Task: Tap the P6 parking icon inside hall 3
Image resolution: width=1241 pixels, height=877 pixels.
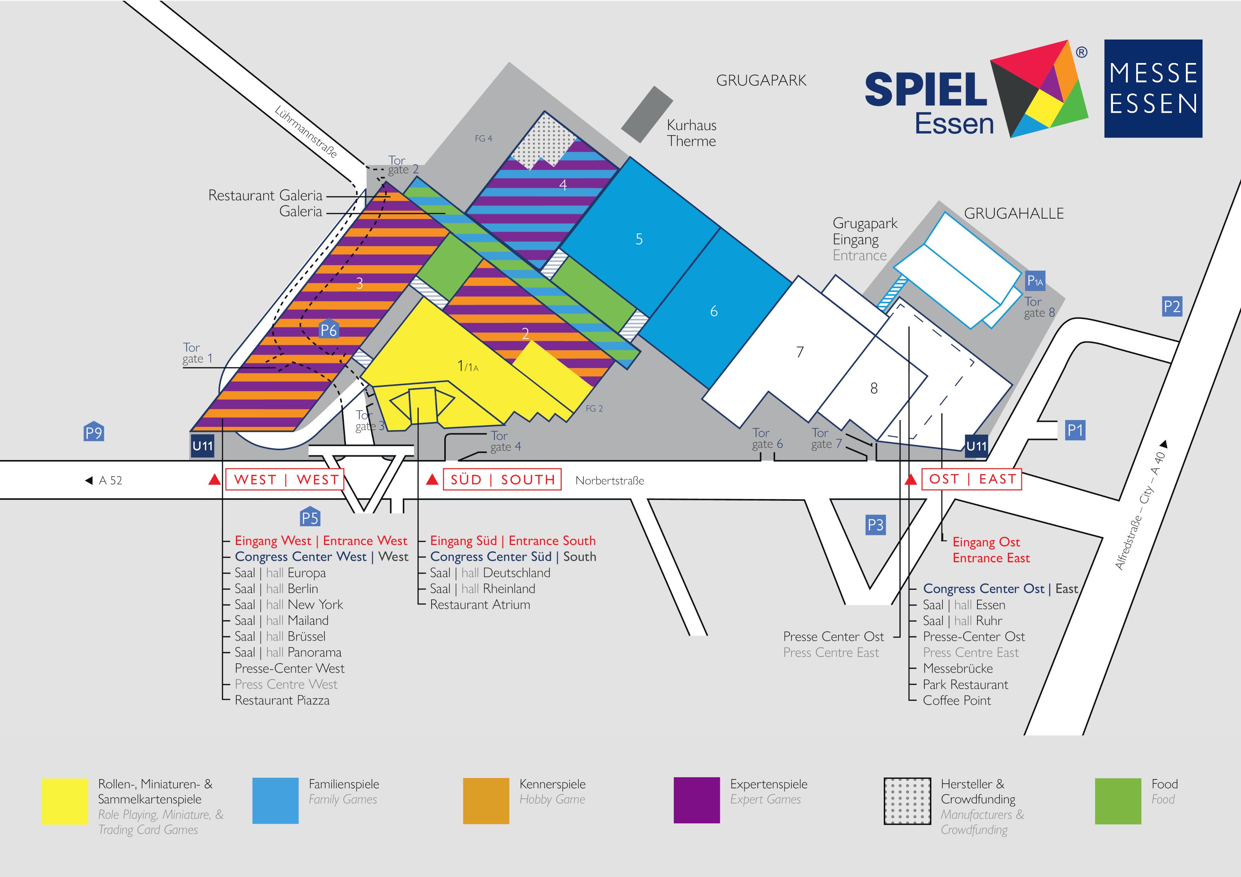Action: (x=329, y=329)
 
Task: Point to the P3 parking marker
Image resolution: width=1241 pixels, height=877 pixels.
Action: (x=875, y=525)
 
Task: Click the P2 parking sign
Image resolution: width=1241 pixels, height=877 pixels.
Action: (x=1172, y=306)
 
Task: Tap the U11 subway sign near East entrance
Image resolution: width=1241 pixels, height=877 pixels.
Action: (x=976, y=446)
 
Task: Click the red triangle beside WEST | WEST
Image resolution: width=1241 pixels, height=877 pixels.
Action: (x=215, y=479)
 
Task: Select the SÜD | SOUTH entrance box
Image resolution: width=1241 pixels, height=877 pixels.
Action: (x=502, y=479)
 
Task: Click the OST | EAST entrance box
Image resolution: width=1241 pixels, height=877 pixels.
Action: (x=972, y=479)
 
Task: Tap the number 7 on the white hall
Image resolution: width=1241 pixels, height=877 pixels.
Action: (x=800, y=352)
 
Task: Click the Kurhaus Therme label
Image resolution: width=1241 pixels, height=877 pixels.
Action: (x=691, y=133)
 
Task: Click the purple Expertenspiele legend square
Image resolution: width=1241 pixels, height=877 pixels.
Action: (x=697, y=800)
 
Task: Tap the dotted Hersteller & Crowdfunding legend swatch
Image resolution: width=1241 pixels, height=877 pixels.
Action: (x=907, y=801)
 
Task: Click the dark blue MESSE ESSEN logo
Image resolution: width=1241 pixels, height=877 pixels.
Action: (x=1153, y=89)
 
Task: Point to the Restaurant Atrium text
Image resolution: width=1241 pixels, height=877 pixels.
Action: (x=480, y=605)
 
